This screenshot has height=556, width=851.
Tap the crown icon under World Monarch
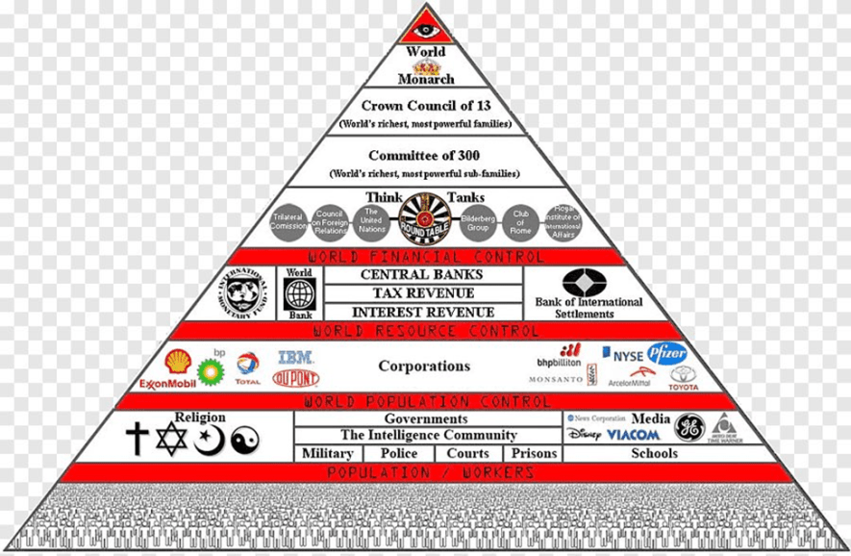pos(425,67)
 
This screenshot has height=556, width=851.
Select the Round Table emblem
pos(424,218)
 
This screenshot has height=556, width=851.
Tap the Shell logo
pos(178,361)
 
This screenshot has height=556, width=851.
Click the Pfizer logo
pos(666,353)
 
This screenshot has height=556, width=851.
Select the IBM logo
pos(296,357)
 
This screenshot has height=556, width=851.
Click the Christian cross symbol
pos(137,440)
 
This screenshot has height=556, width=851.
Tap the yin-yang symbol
pos(244,440)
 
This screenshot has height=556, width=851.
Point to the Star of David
pos(172,439)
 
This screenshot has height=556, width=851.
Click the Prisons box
pos(534,453)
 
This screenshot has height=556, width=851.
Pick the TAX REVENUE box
pos(423,293)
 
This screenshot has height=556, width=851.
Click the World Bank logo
pos(300,294)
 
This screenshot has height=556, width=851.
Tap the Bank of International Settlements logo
pos(586,283)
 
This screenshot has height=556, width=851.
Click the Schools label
pos(654,453)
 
